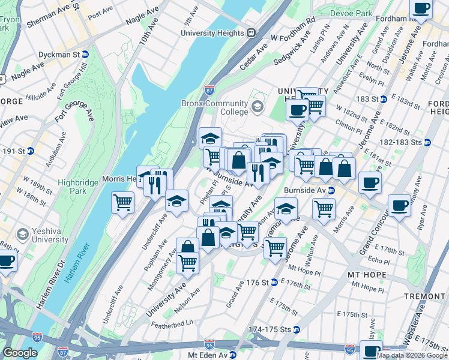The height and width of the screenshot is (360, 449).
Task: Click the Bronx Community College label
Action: (215, 107)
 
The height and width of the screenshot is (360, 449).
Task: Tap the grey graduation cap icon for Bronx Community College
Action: (258, 107)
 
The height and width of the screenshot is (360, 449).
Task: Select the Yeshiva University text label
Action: (51, 235)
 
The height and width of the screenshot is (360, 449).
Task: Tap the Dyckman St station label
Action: (60, 54)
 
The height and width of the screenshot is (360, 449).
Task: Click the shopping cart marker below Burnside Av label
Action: (324, 208)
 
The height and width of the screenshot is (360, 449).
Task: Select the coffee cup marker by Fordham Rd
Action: (421, 8)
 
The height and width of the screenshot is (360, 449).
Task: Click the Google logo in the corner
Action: (20, 353)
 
